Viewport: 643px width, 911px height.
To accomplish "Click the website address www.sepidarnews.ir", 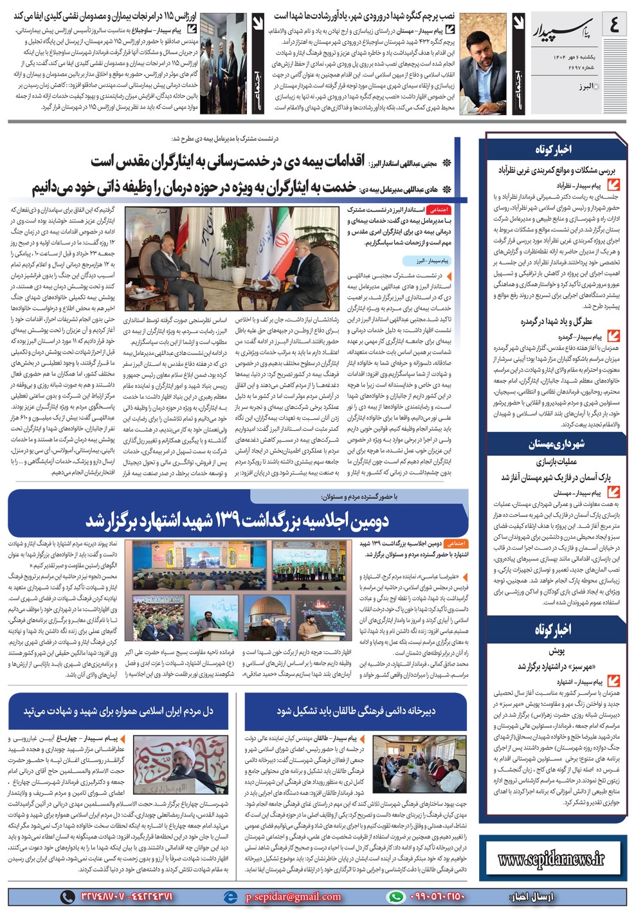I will point(551,858).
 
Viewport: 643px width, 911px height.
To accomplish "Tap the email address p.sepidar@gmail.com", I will point(293,896).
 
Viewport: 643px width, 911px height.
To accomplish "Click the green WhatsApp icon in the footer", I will point(397,896).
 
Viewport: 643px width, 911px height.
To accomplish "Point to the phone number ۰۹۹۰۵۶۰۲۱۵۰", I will point(437,896).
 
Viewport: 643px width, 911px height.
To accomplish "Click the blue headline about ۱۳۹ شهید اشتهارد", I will point(237,519).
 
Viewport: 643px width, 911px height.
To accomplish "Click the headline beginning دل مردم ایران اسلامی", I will point(118,710).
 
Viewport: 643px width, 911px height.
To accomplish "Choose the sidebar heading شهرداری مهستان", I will point(556,444).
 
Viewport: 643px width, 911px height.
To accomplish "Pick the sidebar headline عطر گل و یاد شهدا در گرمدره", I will point(556,321).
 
